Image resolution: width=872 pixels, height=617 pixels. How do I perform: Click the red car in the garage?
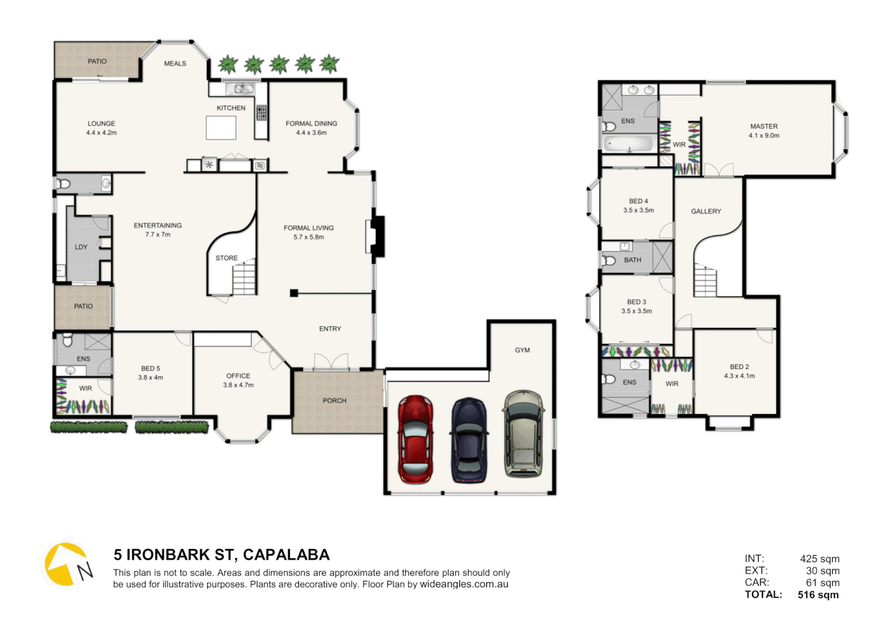click(x=415, y=439)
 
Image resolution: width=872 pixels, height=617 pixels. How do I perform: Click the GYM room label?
click(x=522, y=350)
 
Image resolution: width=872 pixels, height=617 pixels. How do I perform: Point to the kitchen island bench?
click(x=221, y=127)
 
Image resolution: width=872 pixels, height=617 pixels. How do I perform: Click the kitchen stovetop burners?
click(x=261, y=113)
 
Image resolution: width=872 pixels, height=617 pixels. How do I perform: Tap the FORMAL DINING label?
click(x=311, y=123)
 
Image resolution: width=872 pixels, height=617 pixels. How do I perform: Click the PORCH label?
click(x=334, y=400)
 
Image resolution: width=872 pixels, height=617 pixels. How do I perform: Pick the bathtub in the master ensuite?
click(x=628, y=143)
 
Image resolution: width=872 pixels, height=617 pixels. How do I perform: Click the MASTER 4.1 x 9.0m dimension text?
click(x=764, y=135)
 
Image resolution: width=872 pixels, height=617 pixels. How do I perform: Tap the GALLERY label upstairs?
click(x=706, y=211)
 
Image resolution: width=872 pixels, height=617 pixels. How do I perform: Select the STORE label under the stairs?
click(x=227, y=258)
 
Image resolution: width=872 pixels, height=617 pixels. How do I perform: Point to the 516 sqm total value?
click(x=818, y=595)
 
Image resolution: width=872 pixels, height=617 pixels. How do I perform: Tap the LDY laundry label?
click(x=81, y=247)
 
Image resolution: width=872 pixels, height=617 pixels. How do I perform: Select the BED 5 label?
click(x=151, y=368)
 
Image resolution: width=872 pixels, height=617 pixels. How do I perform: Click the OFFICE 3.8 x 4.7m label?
click(x=238, y=380)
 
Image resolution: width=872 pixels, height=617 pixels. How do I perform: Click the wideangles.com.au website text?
click(x=464, y=584)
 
